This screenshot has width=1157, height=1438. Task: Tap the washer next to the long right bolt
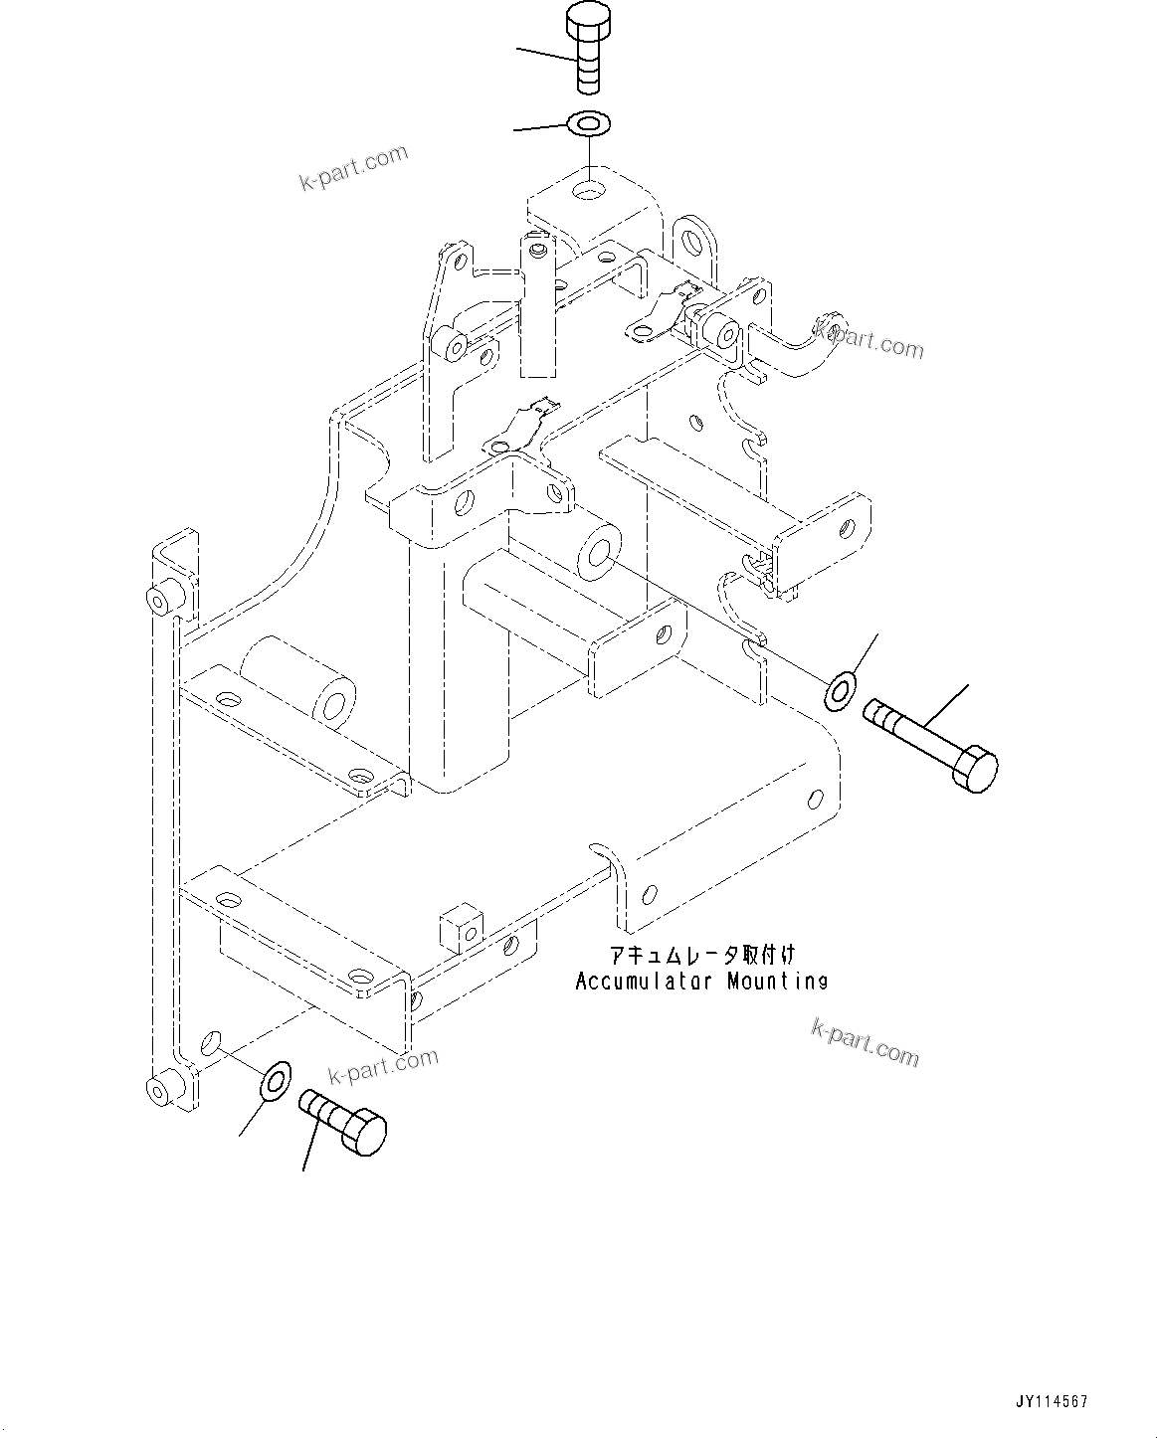841,690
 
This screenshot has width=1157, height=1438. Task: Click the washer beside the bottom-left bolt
274,1081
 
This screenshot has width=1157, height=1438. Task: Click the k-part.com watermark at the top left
353,167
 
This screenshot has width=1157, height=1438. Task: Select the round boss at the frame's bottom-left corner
159,1090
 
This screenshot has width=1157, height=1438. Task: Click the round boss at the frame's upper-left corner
158,600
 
